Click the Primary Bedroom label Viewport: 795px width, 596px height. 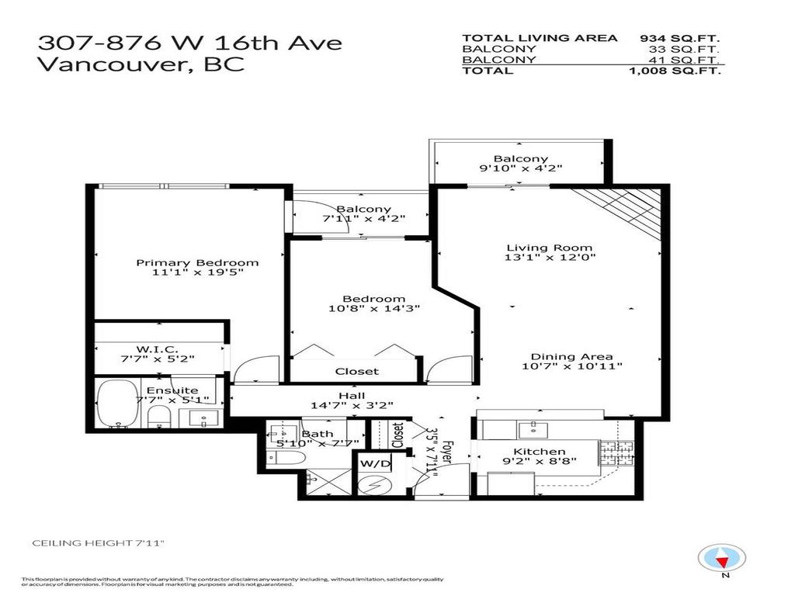[197, 262]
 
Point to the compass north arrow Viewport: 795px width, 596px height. [723, 558]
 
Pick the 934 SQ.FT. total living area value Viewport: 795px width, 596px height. [680, 37]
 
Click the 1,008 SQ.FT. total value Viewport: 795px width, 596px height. [674, 71]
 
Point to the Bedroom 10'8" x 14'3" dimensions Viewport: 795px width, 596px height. [374, 308]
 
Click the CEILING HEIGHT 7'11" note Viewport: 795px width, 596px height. [99, 543]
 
